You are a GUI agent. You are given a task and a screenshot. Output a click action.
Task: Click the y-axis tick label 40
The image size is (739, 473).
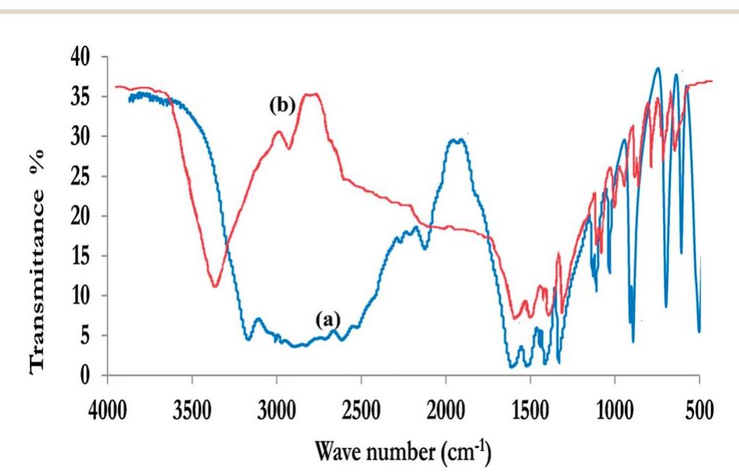(87, 57)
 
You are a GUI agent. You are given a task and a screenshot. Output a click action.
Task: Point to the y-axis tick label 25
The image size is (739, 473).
(87, 177)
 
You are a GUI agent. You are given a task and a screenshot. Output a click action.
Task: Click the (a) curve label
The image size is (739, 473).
(328, 318)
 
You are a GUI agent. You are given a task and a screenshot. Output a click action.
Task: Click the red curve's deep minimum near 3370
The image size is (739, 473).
(215, 286)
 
